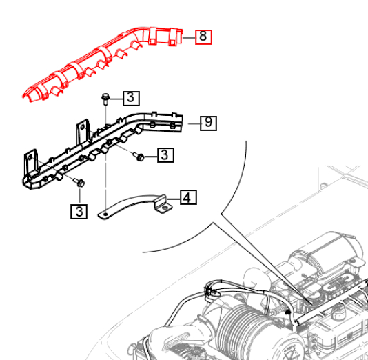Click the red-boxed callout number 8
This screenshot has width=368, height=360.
click(203, 37)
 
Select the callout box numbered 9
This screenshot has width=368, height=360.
click(209, 123)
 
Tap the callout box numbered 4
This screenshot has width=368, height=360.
click(188, 199)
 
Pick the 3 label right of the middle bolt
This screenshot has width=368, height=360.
click(164, 156)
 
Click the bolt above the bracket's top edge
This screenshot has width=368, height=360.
click(105, 98)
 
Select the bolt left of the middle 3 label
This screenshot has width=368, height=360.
click(139, 157)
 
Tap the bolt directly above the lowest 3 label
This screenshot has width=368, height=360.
click(79, 184)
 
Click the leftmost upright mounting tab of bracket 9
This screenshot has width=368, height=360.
click(30, 163)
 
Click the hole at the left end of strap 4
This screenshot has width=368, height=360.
click(104, 217)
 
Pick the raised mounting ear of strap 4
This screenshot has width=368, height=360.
click(164, 205)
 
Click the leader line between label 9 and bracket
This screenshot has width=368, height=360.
click(192, 124)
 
